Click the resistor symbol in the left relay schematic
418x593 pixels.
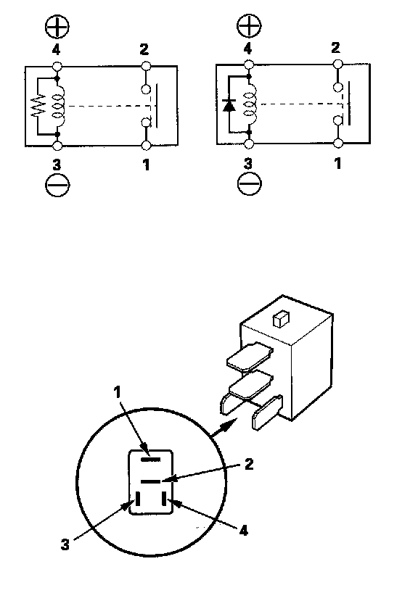coord(38,106)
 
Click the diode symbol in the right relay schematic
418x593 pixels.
coord(229,105)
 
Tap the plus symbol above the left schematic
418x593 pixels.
coord(57,27)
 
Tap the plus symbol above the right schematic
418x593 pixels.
coord(249,25)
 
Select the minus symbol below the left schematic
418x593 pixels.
coord(57,185)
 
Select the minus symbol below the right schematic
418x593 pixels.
coord(249,183)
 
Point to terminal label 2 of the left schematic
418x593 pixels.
coord(144,49)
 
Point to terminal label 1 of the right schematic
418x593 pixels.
coord(338,163)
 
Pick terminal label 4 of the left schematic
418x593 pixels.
coord(56,49)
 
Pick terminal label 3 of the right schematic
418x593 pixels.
coord(247,164)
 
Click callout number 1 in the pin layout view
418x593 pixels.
coord(118,392)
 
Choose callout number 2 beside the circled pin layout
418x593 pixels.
coord(249,464)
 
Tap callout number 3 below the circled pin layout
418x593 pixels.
coord(65,544)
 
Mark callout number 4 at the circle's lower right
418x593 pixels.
coord(243,530)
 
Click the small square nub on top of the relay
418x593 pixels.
coord(281,319)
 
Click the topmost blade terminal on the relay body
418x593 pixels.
coord(250,356)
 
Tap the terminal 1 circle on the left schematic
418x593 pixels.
coord(146,145)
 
